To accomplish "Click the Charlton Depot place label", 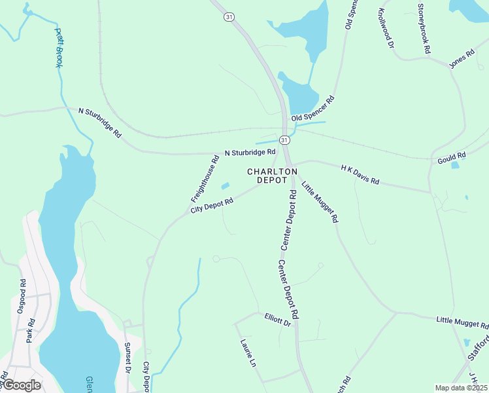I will click(272, 176).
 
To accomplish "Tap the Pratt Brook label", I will click(58, 48).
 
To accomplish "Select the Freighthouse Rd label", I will click(205, 178).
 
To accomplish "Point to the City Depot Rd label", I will click(212, 206).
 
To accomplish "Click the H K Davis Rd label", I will click(360, 174).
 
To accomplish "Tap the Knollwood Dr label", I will click(384, 29).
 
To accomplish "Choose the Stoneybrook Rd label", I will click(424, 28).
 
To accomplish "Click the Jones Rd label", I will click(461, 59).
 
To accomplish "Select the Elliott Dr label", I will click(277, 320).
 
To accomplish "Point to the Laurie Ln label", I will click(247, 352).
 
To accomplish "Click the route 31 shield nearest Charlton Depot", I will click(284, 140).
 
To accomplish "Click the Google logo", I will click(21, 385).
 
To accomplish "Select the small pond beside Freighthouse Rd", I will click(226, 187).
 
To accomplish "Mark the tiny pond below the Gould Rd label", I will click(455, 165).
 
